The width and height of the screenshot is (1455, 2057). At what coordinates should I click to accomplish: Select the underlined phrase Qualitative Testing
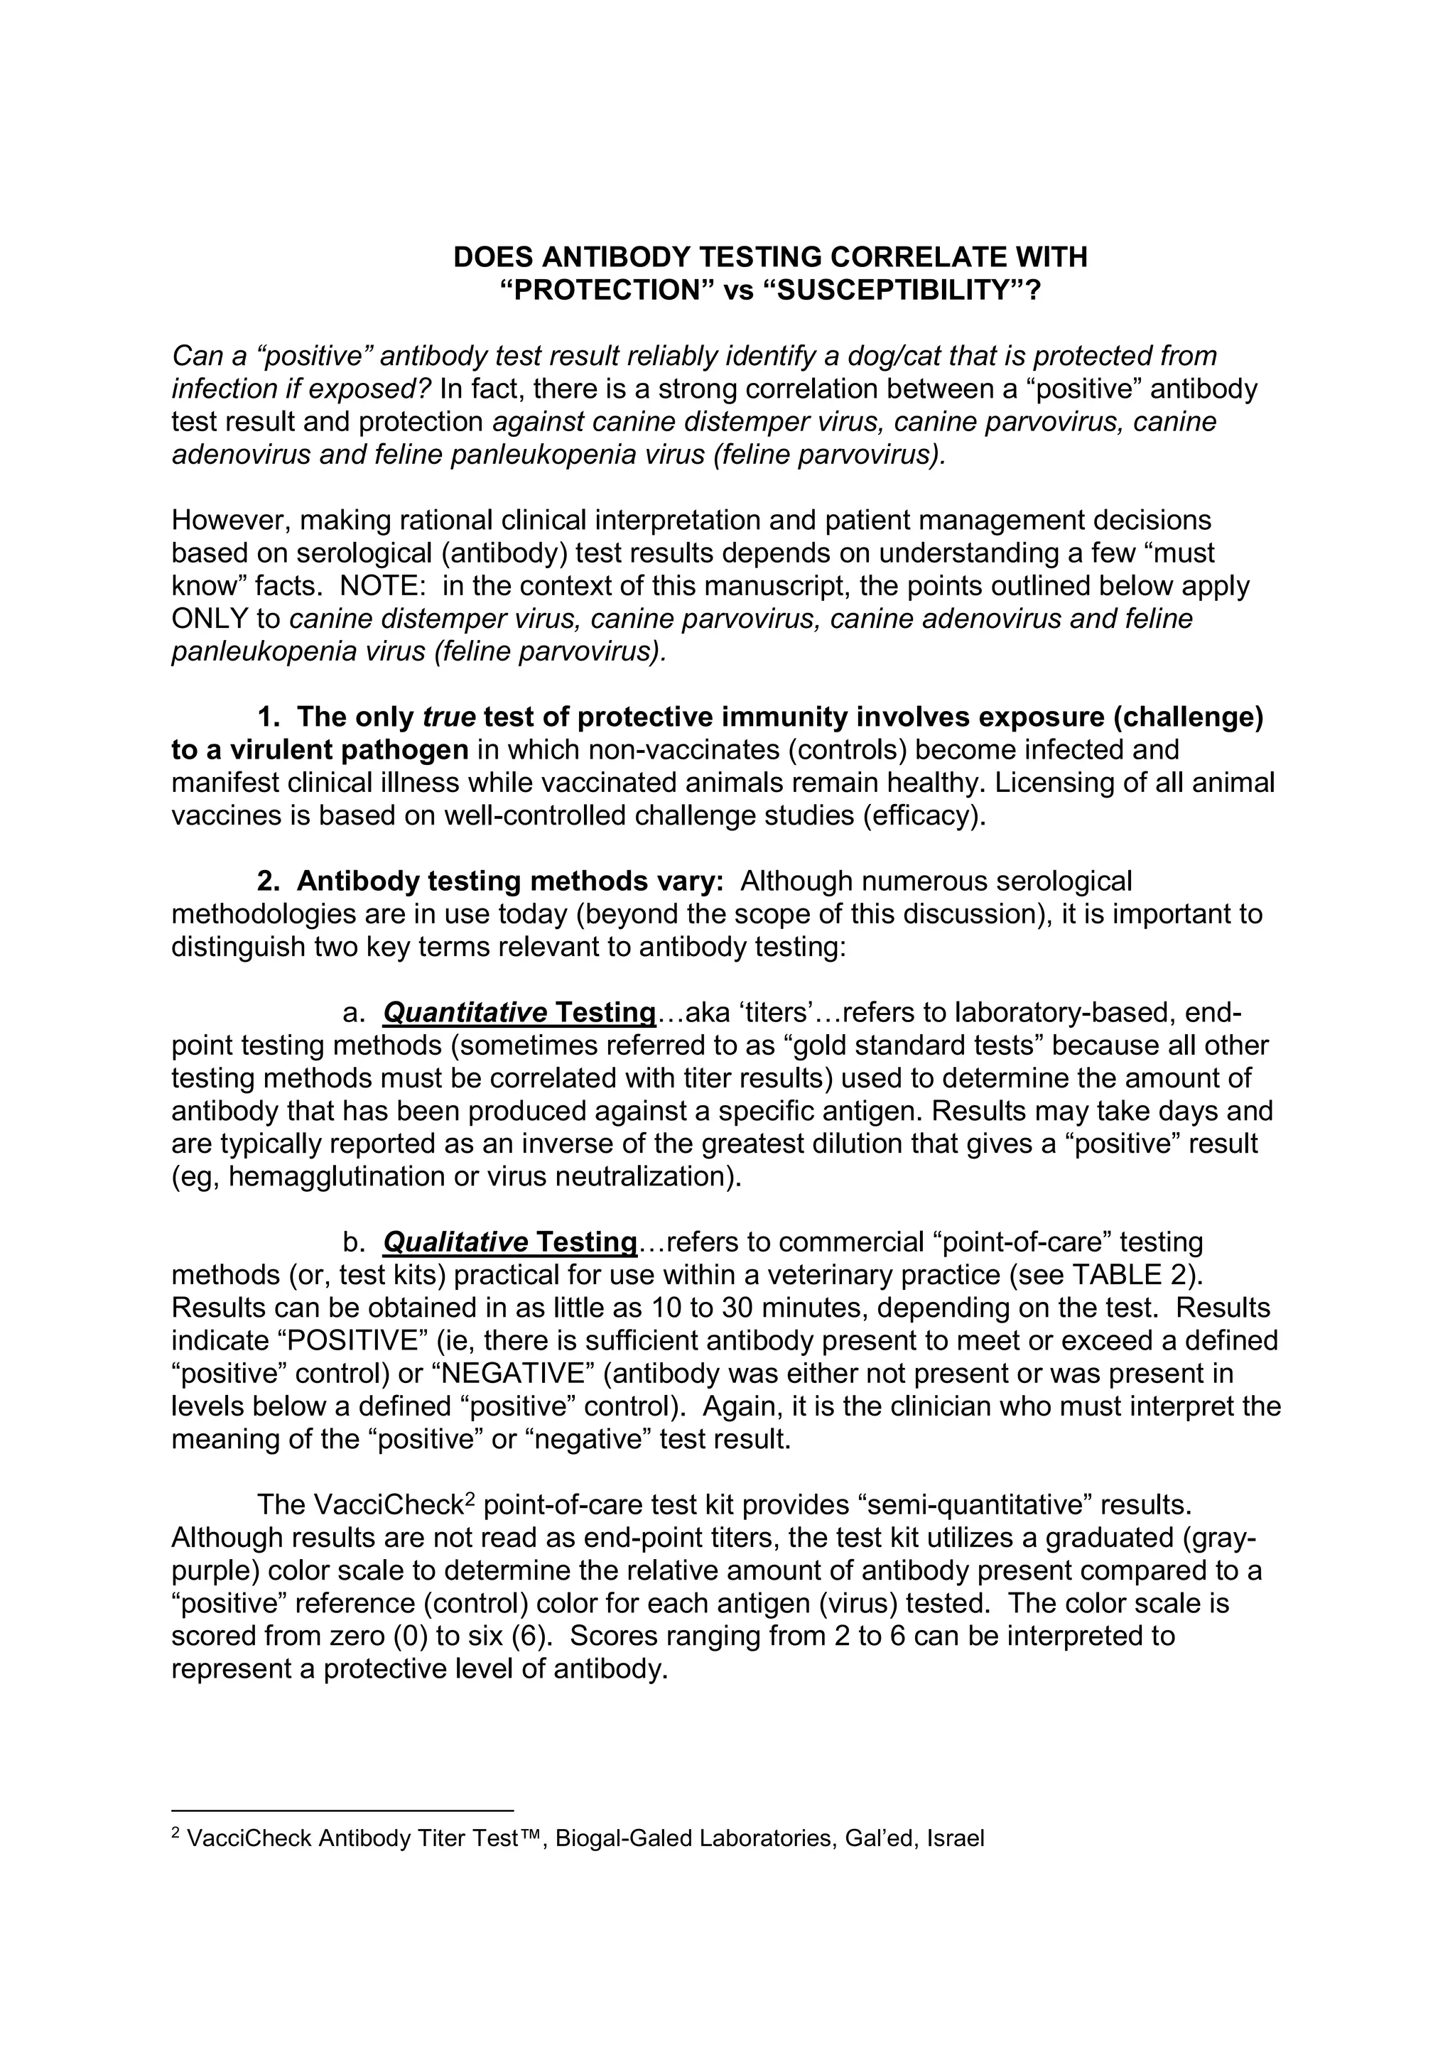click(509, 1242)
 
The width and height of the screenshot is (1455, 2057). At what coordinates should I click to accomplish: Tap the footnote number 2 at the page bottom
click(175, 1831)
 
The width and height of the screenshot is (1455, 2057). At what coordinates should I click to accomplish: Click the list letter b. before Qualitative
click(355, 1242)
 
